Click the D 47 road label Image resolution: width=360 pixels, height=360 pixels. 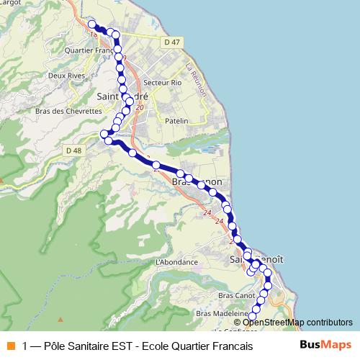[x=171, y=43]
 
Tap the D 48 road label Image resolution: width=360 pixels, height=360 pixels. [x=73, y=150]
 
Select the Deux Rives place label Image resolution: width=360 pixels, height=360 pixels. [x=61, y=74]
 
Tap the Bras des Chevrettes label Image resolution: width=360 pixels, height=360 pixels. [x=68, y=111]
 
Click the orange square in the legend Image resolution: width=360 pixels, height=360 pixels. [x=10, y=346]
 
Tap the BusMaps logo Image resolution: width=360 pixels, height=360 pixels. [x=325, y=346]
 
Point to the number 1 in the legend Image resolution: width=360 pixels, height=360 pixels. [x=26, y=346]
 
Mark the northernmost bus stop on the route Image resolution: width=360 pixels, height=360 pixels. [x=91, y=24]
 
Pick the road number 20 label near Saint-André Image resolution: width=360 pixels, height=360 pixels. [x=140, y=107]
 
